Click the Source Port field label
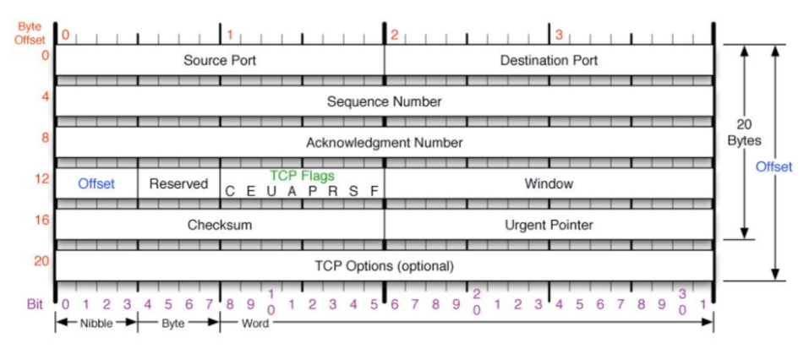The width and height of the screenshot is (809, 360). (x=220, y=61)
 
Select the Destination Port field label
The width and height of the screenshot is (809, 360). (x=549, y=61)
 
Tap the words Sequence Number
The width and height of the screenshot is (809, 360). (x=385, y=101)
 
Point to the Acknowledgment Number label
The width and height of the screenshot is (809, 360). (x=385, y=142)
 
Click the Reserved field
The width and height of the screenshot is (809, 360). (x=178, y=183)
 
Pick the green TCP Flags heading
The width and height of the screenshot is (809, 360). (x=302, y=176)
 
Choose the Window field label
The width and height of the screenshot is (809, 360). (x=549, y=183)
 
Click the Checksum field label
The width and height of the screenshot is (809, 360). (x=220, y=225)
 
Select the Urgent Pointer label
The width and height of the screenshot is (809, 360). (x=549, y=225)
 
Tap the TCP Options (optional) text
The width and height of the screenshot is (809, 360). (x=385, y=265)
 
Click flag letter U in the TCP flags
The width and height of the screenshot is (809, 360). (x=271, y=192)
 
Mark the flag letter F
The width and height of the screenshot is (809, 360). (x=374, y=192)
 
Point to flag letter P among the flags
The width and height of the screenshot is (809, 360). (x=312, y=192)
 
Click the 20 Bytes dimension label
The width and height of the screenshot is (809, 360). (x=744, y=133)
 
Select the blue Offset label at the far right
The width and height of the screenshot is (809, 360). (x=773, y=167)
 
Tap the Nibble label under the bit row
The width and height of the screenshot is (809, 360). (x=96, y=323)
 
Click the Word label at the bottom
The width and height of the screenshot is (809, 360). (x=254, y=323)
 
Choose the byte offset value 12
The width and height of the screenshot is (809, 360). (x=41, y=179)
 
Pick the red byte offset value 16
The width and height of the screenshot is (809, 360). (x=41, y=220)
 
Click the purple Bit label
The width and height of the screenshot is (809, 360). (x=35, y=303)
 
